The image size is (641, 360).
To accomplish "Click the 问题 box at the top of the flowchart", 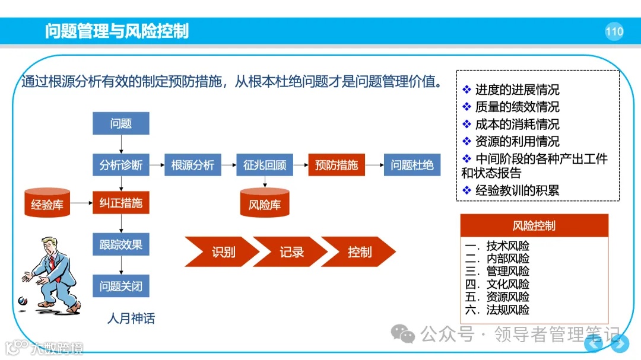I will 121,123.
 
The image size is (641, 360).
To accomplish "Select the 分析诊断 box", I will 121,165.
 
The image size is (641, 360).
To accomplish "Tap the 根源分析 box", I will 192,165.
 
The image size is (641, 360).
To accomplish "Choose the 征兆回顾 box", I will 265,165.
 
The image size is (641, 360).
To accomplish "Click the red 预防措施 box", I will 337,165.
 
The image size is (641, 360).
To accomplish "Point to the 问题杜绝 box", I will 412,165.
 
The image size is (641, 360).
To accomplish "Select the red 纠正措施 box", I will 121,203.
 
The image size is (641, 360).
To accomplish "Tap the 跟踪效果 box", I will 121,244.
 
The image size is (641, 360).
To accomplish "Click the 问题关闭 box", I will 121,286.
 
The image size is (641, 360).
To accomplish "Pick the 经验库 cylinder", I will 47,205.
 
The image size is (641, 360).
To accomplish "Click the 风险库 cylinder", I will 265,205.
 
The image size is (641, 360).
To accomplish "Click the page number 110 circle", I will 614,31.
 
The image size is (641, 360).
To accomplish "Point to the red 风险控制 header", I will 534,225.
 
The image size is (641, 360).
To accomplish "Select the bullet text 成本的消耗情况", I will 517,125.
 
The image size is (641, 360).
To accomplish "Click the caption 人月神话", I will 131,318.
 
